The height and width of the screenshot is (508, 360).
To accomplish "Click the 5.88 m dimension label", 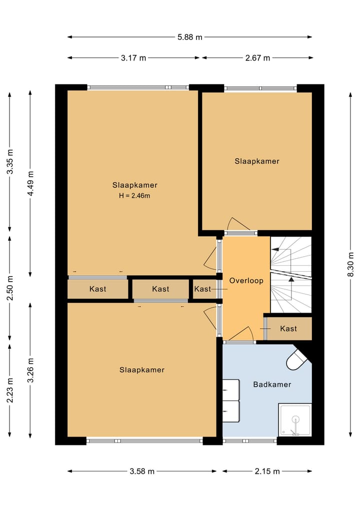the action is click(x=189, y=37).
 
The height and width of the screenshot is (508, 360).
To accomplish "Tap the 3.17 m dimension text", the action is click(x=133, y=58).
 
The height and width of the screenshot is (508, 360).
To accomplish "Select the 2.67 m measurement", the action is click(x=257, y=58).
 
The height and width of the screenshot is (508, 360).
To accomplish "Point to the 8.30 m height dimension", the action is click(x=351, y=264).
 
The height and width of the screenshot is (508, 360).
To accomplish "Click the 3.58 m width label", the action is click(x=142, y=472).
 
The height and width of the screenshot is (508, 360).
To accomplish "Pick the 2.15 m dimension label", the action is click(x=267, y=472).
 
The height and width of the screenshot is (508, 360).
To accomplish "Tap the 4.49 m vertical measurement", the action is click(x=30, y=183).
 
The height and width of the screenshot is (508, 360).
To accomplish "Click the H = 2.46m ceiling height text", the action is click(x=134, y=196).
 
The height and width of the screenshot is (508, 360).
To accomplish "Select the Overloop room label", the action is click(x=246, y=281).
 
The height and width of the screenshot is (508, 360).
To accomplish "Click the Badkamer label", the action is click(x=272, y=385).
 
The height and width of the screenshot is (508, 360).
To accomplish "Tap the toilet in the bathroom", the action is click(x=297, y=359).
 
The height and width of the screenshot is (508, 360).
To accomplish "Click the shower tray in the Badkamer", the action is click(x=295, y=420).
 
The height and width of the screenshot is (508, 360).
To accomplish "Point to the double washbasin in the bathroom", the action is click(x=231, y=401).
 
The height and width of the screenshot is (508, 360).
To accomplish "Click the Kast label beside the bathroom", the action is click(x=288, y=329).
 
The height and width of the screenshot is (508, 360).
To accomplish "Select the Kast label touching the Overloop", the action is click(x=202, y=289).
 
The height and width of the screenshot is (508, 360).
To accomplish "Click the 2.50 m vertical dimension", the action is click(x=10, y=288).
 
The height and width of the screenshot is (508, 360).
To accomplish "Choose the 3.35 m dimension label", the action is click(x=10, y=162).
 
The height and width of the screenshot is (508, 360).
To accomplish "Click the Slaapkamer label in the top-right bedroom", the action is click(x=257, y=161).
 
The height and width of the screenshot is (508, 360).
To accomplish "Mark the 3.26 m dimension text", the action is click(x=30, y=370).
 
